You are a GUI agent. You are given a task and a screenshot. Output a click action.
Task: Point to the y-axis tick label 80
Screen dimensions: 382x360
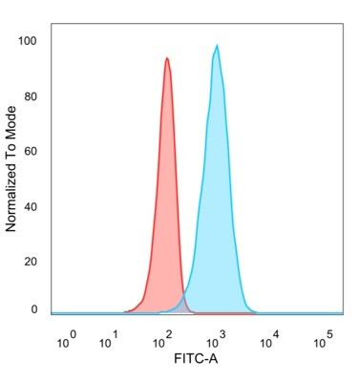tap(31, 96)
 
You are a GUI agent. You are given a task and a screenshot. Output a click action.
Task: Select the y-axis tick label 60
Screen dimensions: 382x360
tap(31, 151)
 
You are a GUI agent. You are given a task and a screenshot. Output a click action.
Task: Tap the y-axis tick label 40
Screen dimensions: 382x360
tap(31, 205)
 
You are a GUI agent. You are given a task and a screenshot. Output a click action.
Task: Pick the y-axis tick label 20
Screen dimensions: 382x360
tap(31, 260)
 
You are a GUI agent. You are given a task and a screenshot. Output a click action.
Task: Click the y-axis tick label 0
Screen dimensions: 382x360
tap(34, 309)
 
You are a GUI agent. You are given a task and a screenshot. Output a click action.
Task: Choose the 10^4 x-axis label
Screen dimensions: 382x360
tap(270, 339)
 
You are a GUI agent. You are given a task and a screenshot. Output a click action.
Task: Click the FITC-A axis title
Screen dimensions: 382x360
tap(198, 364)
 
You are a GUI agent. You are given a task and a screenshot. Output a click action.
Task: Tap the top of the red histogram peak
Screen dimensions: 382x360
tap(167, 58)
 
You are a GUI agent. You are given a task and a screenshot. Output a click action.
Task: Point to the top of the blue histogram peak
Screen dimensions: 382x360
tap(218, 46)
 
